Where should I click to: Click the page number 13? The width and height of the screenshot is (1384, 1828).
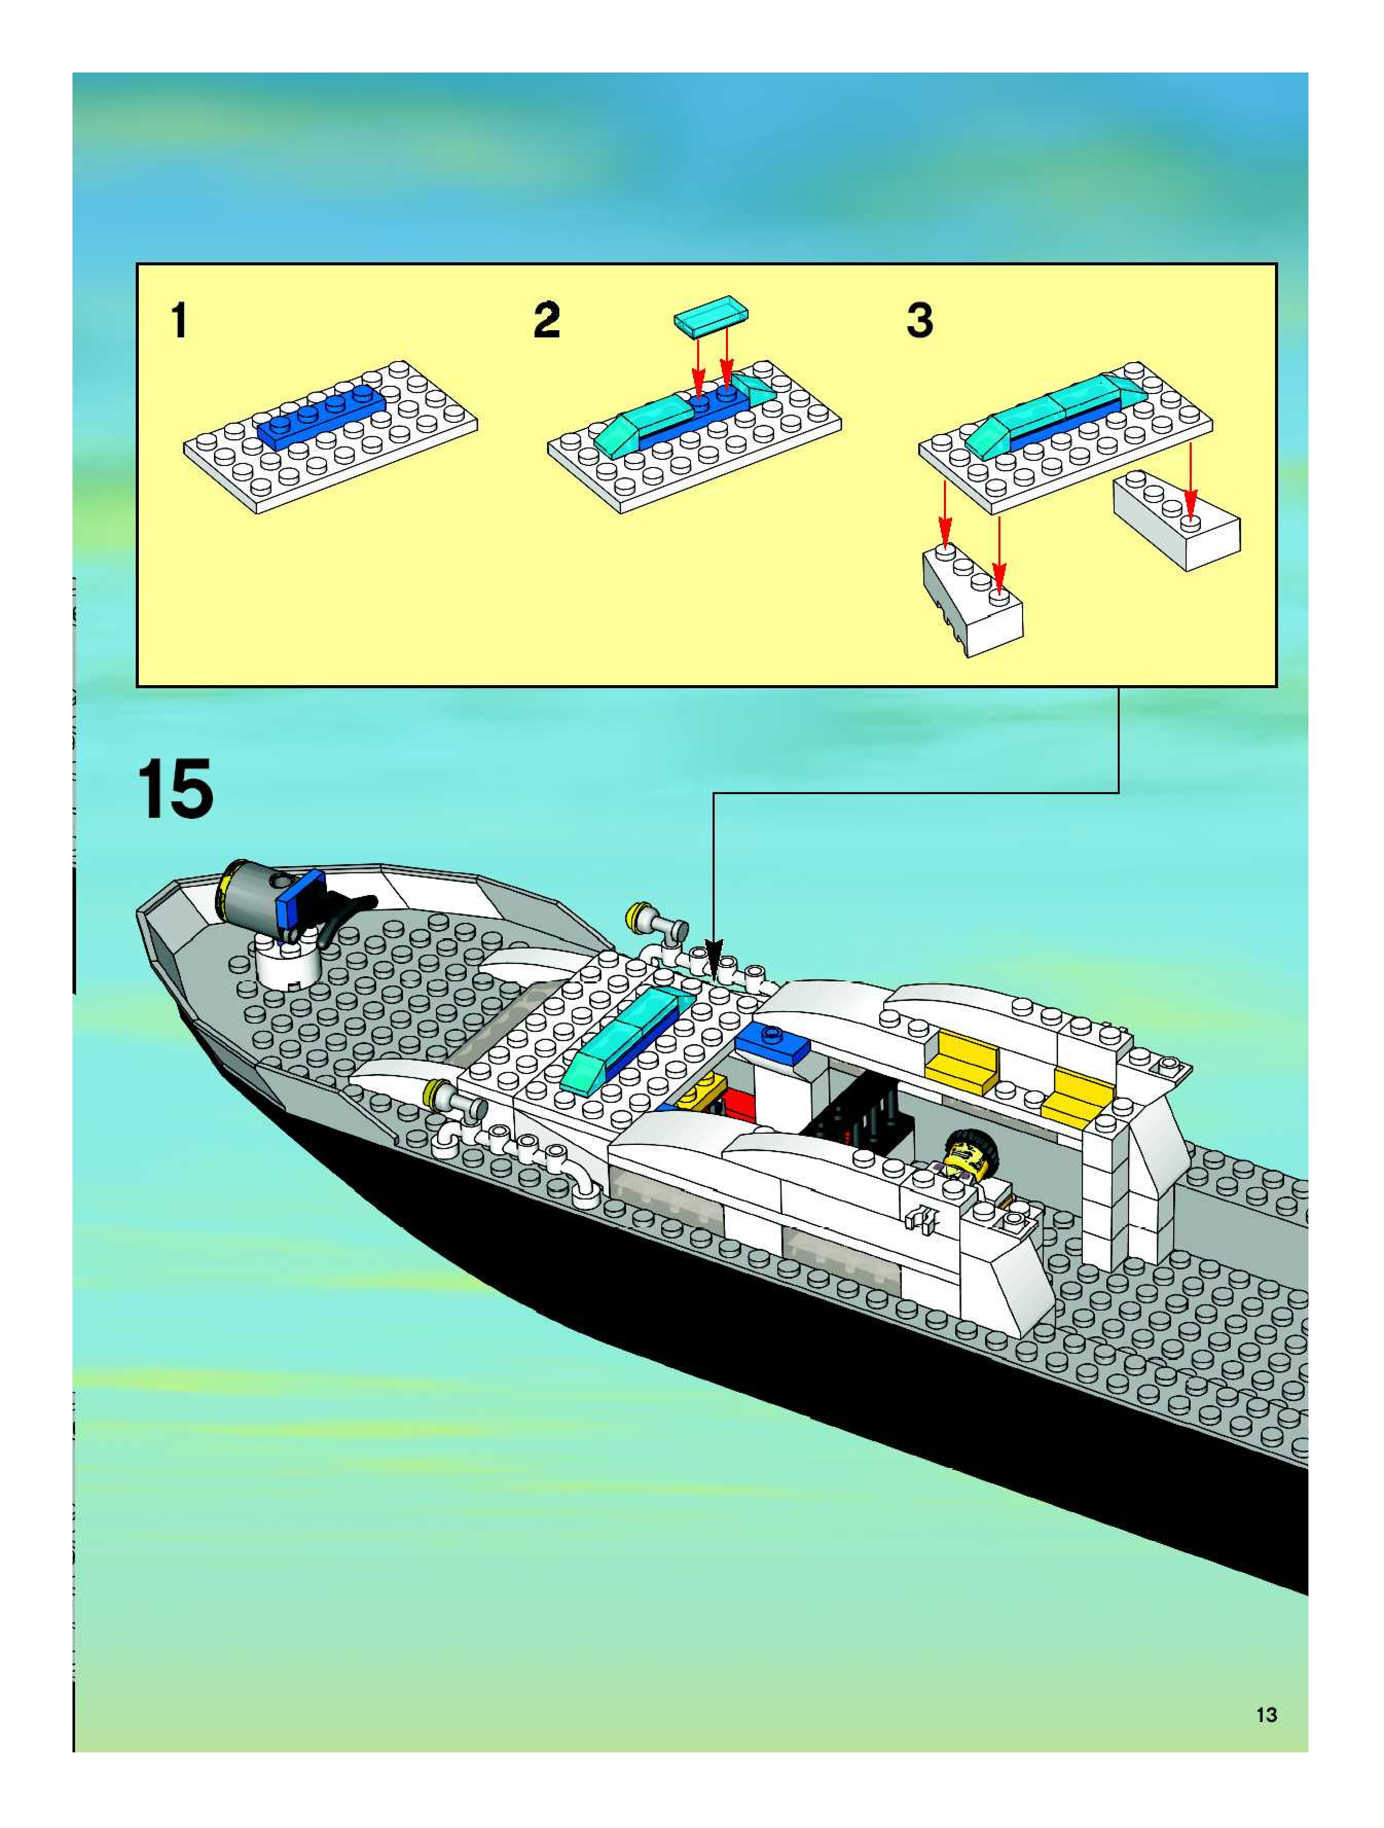(1266, 1715)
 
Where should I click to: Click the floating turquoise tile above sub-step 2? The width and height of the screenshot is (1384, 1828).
(711, 316)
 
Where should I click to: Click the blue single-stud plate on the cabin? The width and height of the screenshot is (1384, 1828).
(773, 1043)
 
